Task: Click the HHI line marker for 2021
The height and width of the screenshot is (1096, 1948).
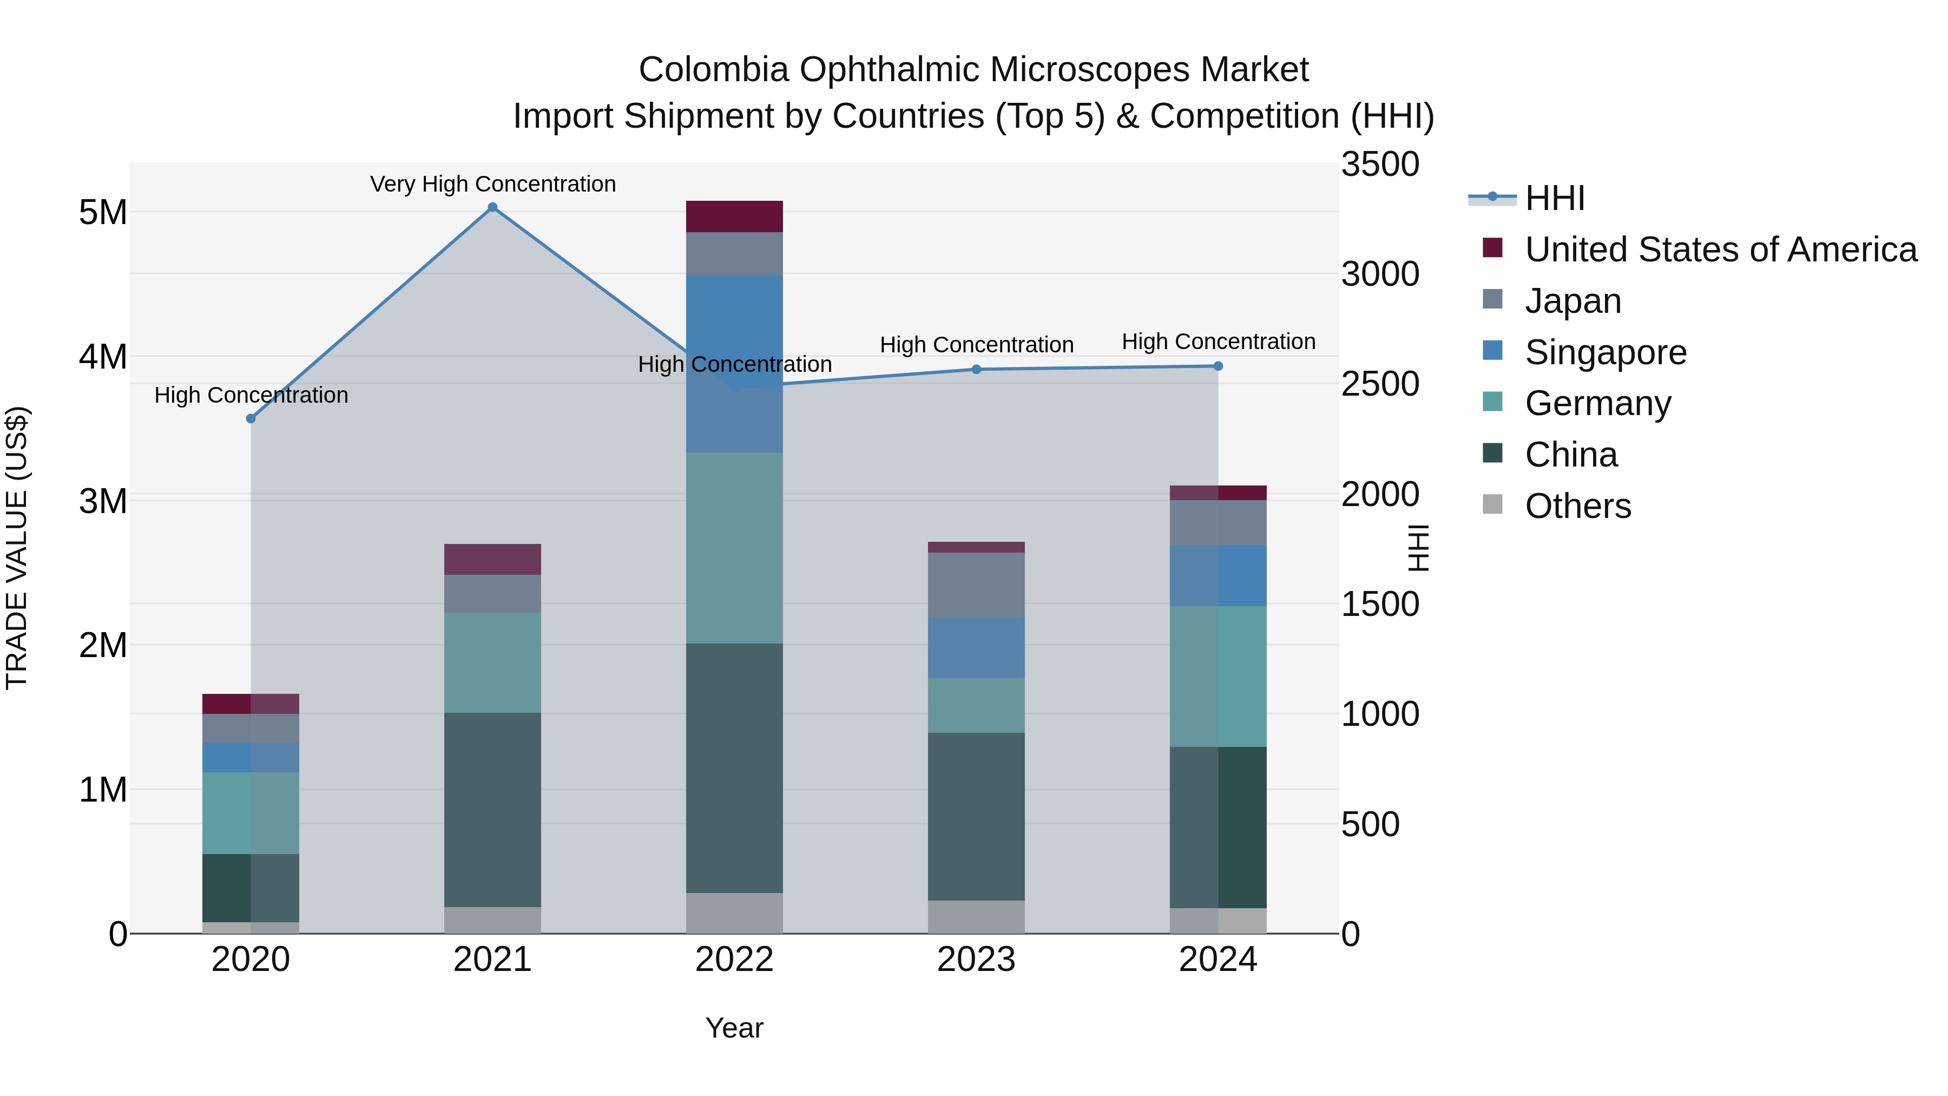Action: (x=492, y=207)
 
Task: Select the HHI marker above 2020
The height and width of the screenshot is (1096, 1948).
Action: (x=251, y=418)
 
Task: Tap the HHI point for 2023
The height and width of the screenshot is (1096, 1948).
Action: (x=976, y=369)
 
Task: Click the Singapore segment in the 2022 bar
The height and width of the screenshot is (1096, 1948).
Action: (x=734, y=363)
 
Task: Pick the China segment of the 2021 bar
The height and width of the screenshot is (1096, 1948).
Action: (x=492, y=809)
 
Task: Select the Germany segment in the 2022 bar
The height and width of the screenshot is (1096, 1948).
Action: (x=734, y=548)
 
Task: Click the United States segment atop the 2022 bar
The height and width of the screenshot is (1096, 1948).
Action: (x=734, y=216)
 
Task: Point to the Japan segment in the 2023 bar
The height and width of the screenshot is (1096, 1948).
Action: (x=976, y=586)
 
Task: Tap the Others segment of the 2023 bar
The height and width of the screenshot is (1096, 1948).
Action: (x=976, y=917)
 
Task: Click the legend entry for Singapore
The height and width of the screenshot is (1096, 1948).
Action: (x=1605, y=352)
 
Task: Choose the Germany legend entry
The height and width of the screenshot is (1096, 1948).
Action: (x=1597, y=403)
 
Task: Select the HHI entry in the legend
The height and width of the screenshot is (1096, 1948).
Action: (x=1554, y=198)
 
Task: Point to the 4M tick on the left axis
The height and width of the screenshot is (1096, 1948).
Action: (x=103, y=356)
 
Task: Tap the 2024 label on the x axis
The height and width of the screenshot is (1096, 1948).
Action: (x=1217, y=960)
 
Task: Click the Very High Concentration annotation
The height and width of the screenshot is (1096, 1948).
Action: (x=492, y=184)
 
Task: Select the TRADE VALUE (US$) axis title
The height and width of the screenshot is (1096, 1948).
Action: (x=17, y=548)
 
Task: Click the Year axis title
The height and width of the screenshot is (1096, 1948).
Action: (x=734, y=1028)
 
